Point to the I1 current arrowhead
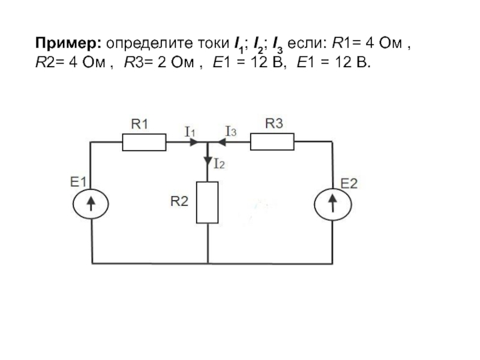tap(194, 142)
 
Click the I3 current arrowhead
tap(221, 142)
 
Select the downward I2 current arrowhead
tap(208, 161)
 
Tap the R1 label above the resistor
tap(140, 124)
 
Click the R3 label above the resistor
tap(274, 124)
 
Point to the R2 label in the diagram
tap(179, 202)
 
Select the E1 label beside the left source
tap(79, 182)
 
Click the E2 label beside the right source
tap(349, 184)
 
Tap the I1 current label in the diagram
tap(190, 132)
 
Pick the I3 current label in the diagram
tap(231, 131)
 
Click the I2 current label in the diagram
tap(219, 164)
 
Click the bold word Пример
tap(68, 44)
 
